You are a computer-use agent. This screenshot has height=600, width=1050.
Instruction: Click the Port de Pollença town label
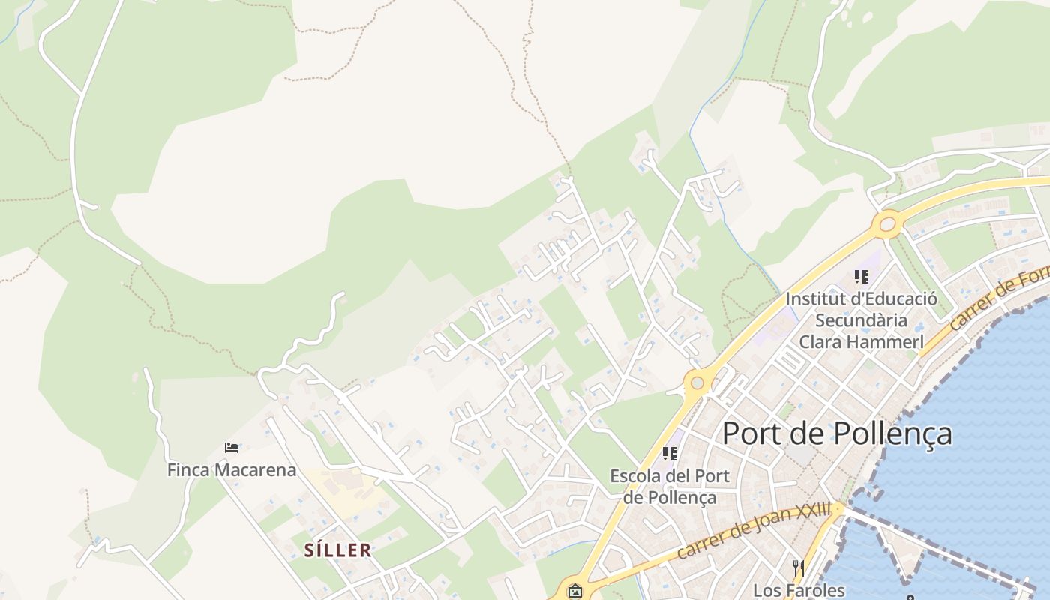(x=837, y=433)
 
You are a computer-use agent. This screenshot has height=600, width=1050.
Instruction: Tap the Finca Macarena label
(x=232, y=470)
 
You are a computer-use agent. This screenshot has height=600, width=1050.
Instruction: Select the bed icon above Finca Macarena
(x=232, y=448)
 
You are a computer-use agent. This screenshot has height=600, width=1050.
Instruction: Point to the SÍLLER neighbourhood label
(x=337, y=550)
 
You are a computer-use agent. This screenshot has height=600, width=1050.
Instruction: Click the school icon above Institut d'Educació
(x=861, y=277)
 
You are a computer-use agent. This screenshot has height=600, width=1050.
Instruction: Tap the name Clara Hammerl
(x=861, y=341)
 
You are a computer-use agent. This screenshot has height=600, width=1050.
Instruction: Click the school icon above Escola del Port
(x=670, y=454)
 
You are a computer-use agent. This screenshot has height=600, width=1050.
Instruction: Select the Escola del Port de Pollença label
(x=669, y=486)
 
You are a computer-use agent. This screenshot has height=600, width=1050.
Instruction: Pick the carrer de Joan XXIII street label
(x=754, y=530)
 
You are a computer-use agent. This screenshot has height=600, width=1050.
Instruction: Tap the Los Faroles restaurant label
(x=799, y=590)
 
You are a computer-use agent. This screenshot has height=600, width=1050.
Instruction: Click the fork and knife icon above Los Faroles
(x=799, y=568)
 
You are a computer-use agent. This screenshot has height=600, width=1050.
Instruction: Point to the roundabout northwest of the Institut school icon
(x=888, y=223)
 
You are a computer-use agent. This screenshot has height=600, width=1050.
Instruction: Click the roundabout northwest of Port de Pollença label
(x=697, y=383)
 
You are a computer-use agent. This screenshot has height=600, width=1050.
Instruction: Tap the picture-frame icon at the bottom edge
(x=574, y=591)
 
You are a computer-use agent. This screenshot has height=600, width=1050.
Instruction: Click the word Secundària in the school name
(x=861, y=320)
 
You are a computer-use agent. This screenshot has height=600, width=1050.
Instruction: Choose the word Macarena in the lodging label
(x=257, y=470)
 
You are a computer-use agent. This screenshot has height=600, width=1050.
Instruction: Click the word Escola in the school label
(x=634, y=475)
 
